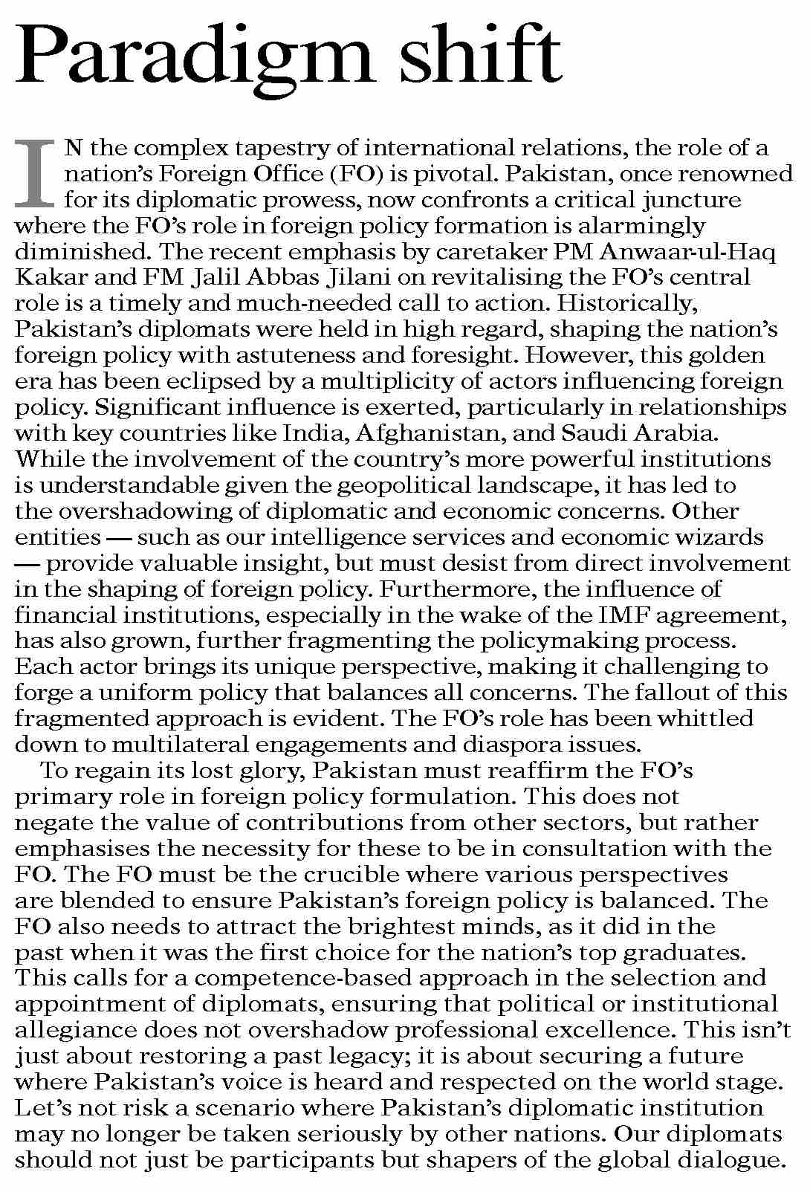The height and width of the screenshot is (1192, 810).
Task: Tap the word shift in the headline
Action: click(x=480, y=52)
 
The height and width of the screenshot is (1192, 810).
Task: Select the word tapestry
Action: click(x=284, y=149)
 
